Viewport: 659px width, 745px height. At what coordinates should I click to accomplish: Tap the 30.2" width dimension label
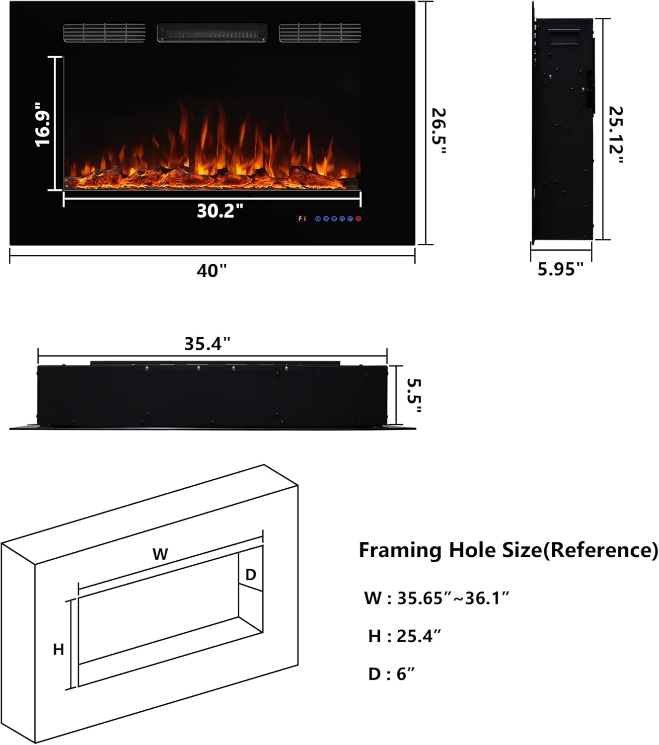[x=220, y=211]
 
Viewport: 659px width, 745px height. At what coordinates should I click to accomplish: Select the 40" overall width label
[x=212, y=271]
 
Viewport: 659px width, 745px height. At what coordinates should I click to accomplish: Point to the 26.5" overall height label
[x=439, y=131]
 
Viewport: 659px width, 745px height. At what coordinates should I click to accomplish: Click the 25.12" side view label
[x=616, y=135]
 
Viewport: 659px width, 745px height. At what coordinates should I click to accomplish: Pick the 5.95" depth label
[x=561, y=269]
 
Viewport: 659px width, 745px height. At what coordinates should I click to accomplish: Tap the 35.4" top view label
[x=208, y=344]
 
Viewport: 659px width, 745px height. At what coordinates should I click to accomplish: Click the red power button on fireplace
[x=359, y=219]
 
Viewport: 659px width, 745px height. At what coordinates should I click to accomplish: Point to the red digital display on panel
[x=302, y=219]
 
